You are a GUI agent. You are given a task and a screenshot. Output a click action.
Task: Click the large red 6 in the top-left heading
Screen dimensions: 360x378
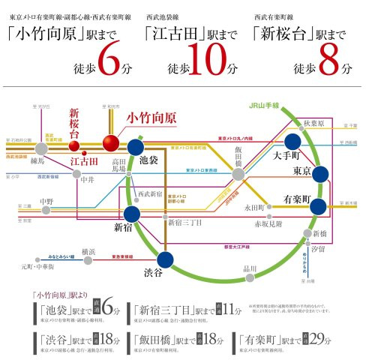108,62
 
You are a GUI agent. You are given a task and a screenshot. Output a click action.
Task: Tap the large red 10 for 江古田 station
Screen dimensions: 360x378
211,62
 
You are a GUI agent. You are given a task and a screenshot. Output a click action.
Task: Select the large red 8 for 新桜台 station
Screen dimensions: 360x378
328,62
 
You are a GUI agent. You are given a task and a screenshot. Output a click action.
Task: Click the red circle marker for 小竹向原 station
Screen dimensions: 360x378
111,142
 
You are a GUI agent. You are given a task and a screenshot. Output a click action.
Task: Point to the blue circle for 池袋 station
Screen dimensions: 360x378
136,147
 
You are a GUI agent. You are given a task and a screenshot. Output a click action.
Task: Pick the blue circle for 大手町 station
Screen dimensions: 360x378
292,142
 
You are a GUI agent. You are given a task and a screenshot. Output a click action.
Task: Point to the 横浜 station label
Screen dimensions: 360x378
88,251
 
